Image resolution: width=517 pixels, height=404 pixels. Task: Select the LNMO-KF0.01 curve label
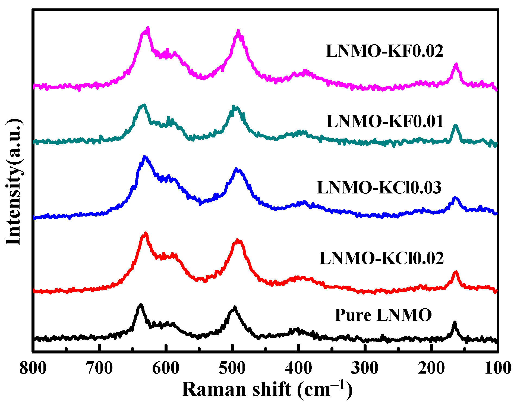[385, 121]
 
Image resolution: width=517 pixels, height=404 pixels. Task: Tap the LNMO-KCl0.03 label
[379, 187]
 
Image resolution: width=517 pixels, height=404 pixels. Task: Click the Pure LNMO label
[383, 315]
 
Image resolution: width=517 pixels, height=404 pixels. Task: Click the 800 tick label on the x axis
[33, 368]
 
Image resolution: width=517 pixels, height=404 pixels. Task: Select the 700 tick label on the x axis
[99, 368]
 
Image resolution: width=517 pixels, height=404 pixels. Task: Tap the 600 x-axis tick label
[166, 368]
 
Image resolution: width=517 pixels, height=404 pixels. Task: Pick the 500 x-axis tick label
[232, 368]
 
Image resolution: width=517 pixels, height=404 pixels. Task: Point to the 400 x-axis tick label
[298, 368]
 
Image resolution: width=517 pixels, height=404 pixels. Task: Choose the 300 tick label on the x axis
[365, 368]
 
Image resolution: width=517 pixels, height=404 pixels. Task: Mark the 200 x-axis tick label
[431, 368]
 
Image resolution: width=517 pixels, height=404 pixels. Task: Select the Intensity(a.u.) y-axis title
[14, 181]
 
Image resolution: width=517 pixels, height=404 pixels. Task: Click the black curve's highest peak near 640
[140, 305]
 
